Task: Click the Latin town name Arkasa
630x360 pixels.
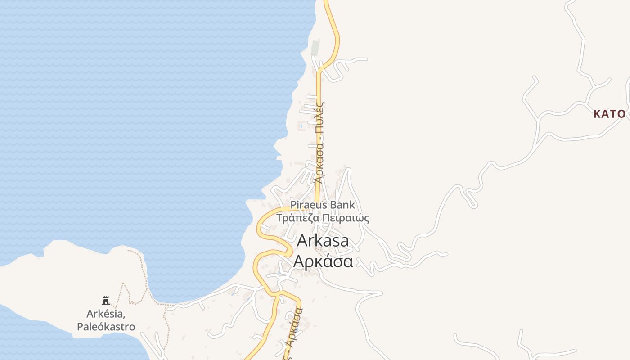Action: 323,241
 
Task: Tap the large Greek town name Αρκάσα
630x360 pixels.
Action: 323,261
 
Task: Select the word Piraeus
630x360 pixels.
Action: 309,205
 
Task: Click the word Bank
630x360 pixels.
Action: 342,205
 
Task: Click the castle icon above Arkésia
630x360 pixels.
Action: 106,300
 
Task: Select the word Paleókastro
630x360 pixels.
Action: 106,326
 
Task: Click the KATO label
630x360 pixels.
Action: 609,114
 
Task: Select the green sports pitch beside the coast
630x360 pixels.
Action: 315,47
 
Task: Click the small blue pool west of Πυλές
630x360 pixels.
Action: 301,126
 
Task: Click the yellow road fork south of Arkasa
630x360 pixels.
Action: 279,293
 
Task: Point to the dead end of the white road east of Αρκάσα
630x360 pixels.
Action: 447,254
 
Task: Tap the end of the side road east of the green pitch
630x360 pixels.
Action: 366,59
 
